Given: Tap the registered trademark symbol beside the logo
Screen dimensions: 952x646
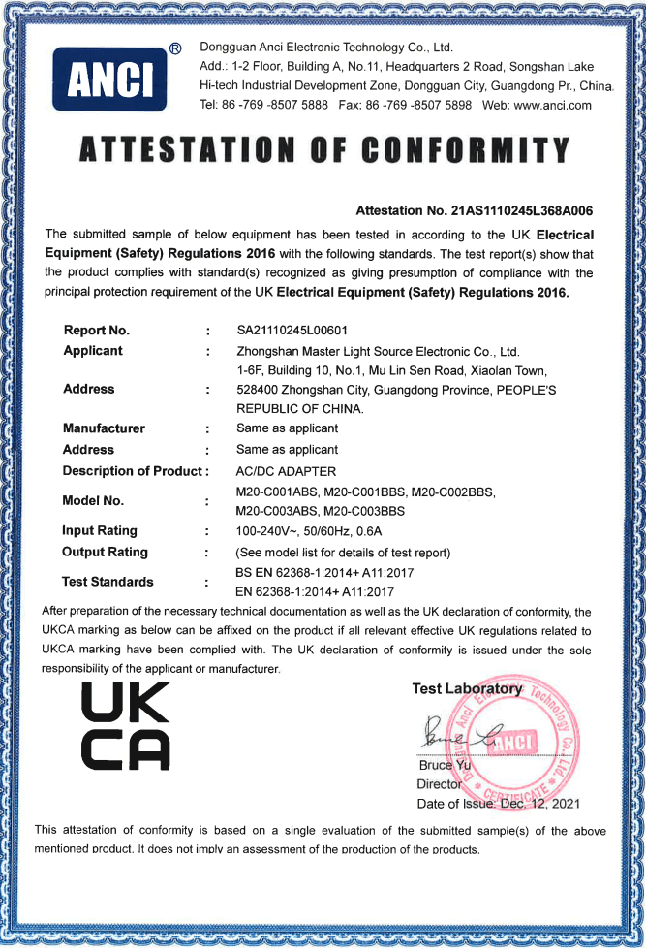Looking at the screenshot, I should pos(175,48).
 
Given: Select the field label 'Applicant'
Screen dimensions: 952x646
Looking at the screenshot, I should pos(93,350).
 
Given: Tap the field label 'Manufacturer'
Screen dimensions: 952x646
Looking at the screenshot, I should pos(104,428).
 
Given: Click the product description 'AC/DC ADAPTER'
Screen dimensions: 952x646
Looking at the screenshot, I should pos(286,471).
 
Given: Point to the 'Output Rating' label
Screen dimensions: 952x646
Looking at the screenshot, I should pos(105,552).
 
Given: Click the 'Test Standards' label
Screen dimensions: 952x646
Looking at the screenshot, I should pos(108,582).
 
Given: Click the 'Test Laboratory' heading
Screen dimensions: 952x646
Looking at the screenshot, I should pos(467,688).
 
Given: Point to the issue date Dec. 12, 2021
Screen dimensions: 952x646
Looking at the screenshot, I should pos(538,804).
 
